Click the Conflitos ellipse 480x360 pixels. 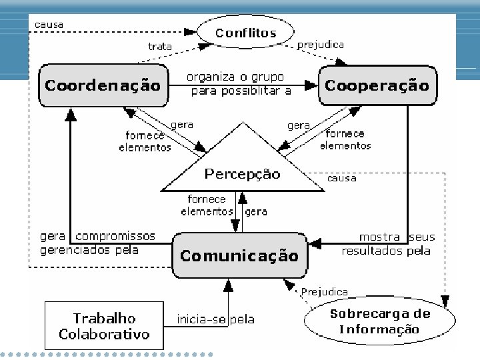click(x=245, y=33)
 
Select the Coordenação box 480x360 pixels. click(x=103, y=85)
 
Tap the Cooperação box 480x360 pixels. click(x=377, y=85)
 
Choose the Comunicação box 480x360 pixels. click(x=239, y=255)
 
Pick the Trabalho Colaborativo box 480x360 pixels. click(x=103, y=326)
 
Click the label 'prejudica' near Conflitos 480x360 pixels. click(x=321, y=45)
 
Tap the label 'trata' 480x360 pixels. click(x=160, y=47)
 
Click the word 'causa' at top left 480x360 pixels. click(x=49, y=25)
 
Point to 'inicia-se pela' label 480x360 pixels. click(x=215, y=319)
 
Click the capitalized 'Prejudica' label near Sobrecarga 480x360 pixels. click(x=324, y=291)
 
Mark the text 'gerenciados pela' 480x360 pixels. click(x=89, y=250)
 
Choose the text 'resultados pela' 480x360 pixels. click(x=386, y=251)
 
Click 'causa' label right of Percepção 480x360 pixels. click(x=341, y=178)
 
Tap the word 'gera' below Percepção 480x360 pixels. click(x=257, y=212)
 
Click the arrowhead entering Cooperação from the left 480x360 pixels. click(x=313, y=85)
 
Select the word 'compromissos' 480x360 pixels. click(x=115, y=236)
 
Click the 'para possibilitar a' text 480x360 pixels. click(x=241, y=91)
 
